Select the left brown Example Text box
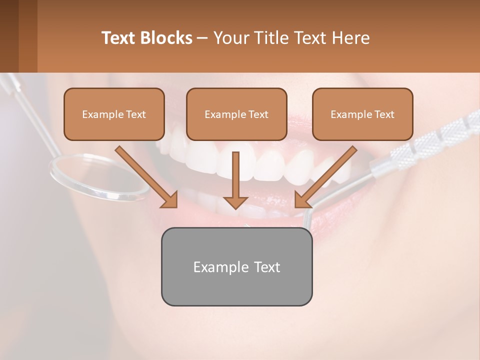114,114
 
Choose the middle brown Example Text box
236,114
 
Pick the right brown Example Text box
362,114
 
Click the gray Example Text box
236,266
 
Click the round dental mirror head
100,177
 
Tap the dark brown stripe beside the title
27,36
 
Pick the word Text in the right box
384,114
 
